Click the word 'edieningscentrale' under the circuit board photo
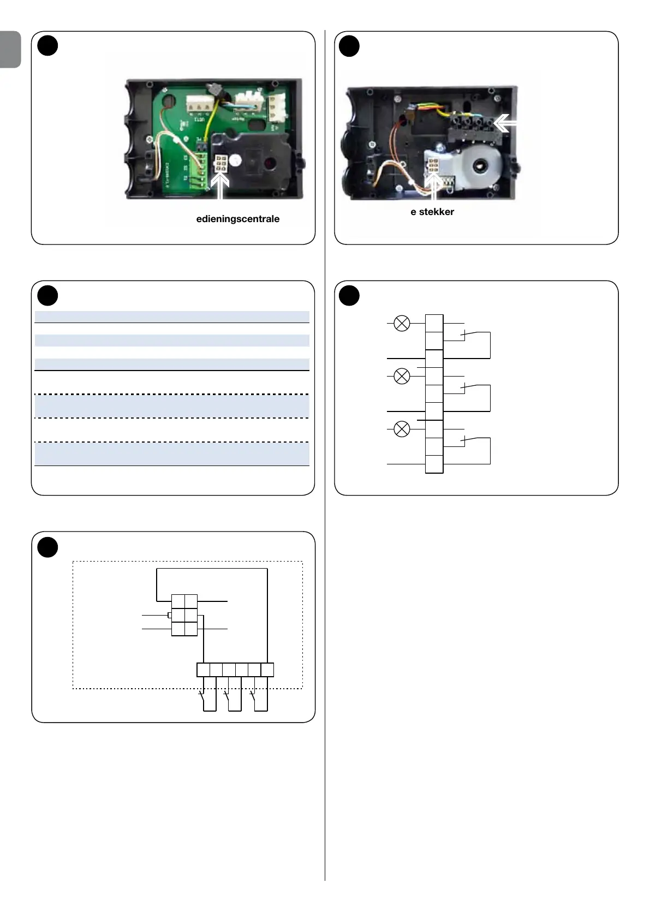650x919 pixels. coord(238,219)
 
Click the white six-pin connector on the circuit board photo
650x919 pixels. coord(222,164)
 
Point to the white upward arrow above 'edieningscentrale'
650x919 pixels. coord(220,188)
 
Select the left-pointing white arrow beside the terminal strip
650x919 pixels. coord(505,124)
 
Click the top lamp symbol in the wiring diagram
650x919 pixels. coord(402,324)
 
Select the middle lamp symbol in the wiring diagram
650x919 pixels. coord(402,376)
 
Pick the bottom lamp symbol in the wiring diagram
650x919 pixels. coord(402,429)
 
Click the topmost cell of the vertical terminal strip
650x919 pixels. coord(434,323)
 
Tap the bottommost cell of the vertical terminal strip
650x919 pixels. coord(434,464)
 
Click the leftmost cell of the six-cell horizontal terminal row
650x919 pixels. coord(203,670)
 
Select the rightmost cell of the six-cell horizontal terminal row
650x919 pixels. coord(267,670)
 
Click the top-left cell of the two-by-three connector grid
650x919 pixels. coord(178,601)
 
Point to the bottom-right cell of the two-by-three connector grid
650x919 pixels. coord(191,629)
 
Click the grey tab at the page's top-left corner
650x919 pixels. coord(10,49)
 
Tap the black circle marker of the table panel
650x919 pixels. coord(47,295)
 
